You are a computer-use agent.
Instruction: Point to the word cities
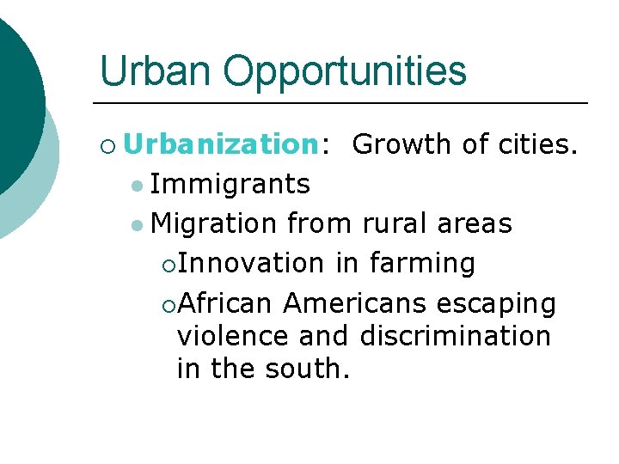pyautogui.click(x=538, y=144)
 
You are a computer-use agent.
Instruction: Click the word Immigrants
pyautogui.click(x=230, y=183)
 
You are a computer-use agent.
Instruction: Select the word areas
pyautogui.click(x=475, y=223)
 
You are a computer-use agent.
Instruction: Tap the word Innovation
pyautogui.click(x=253, y=263)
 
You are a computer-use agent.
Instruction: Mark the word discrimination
pyautogui.click(x=456, y=336)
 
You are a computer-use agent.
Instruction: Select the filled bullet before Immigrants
pyautogui.click(x=138, y=185)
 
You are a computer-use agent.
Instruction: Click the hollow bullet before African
pyautogui.click(x=169, y=304)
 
